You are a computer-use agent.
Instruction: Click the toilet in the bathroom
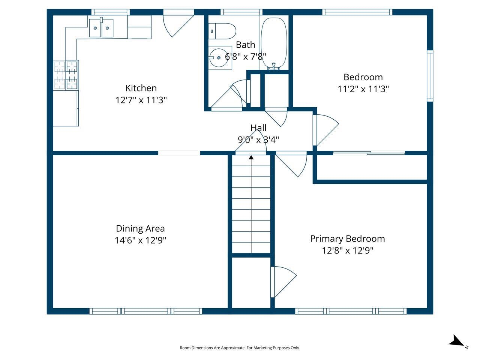coord(223,31)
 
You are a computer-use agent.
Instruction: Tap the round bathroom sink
coord(219,58)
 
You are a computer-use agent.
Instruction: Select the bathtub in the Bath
coord(274,42)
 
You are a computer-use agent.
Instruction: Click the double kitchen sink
coord(101,28)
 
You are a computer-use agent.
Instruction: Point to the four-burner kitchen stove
coord(66,75)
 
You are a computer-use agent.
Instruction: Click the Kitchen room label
coord(141,88)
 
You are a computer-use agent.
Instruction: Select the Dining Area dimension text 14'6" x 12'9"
coord(140,240)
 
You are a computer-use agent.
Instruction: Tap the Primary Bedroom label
coord(347,238)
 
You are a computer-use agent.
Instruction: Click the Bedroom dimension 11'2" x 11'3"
coord(363,89)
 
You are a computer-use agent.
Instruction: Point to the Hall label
coord(258,128)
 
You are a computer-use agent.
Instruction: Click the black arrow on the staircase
coord(251,157)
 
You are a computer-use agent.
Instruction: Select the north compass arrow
coord(456,341)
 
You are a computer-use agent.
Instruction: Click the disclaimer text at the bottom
coord(240,348)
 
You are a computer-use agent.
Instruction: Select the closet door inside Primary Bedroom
coord(283,281)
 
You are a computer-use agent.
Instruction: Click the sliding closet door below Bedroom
coord(369,153)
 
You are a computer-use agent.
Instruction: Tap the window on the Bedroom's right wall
coord(430,76)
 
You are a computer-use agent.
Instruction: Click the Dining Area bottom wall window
coord(146,311)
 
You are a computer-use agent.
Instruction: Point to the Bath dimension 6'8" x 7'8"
coord(246,57)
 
